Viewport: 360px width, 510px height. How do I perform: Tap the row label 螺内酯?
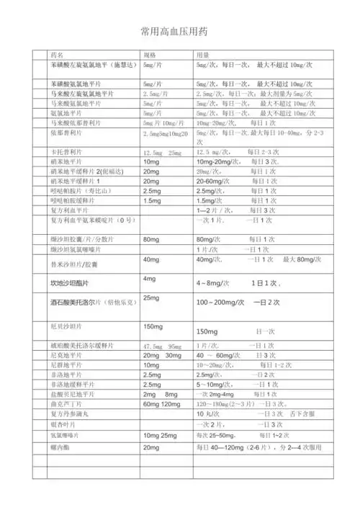coord(60,447)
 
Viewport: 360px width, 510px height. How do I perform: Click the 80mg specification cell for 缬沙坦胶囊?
coord(151,238)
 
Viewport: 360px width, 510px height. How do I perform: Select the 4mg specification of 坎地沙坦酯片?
coord(150,279)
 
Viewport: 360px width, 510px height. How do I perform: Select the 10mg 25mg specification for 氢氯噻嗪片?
coord(160,437)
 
